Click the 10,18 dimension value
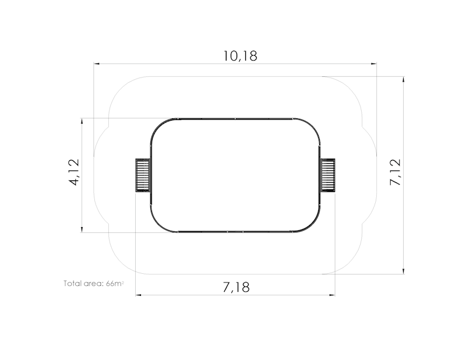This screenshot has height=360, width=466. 240,56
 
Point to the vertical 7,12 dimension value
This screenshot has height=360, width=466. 396,172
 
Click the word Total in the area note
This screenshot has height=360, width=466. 72,283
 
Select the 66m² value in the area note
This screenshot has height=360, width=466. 114,283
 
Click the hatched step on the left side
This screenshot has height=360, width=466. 143,175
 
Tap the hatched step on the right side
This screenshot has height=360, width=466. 328,175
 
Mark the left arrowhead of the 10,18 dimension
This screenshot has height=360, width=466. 97,63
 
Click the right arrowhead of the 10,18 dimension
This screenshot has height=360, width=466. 374,63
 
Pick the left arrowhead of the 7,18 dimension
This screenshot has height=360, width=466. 139,295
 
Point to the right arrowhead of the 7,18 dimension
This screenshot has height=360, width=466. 333,295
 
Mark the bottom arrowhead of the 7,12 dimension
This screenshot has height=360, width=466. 403,270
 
